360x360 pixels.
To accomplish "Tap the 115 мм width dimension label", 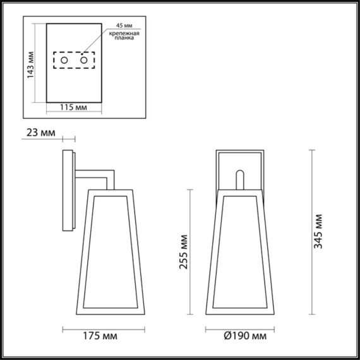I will (x=74, y=108).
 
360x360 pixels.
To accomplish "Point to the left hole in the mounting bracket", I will (x=64, y=60).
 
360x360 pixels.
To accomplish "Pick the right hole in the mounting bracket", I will (x=83, y=60).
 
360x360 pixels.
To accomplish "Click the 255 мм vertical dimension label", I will (x=183, y=251).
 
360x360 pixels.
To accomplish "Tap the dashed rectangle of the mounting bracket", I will (x=73, y=61).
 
